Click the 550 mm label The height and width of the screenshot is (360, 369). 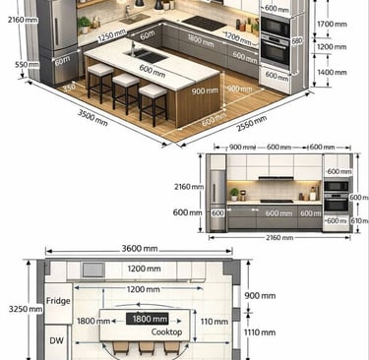(14, 65)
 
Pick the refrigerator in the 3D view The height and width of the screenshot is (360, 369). (54, 39)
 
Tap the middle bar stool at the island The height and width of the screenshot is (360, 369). (125, 90)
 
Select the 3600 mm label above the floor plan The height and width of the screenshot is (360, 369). (142, 249)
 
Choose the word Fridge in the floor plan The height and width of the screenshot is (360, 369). (58, 301)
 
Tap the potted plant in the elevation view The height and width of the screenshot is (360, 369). (234, 194)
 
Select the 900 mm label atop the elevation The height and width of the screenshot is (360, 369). (241, 147)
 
